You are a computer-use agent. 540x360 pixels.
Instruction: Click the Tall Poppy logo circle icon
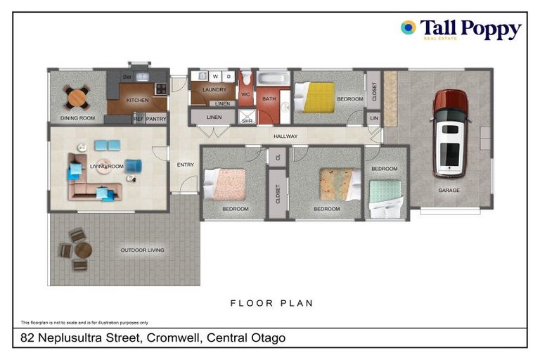[x=409, y=27]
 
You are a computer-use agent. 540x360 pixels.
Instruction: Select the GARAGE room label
[x=449, y=191]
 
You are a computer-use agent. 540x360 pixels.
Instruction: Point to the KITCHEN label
[x=137, y=101]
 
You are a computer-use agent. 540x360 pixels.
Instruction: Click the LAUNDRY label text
[x=214, y=90]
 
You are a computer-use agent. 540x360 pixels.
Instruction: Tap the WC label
[x=245, y=94]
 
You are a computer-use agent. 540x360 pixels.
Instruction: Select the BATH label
[x=269, y=99]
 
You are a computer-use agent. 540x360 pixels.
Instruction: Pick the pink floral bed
[x=226, y=185]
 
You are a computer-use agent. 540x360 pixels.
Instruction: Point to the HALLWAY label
[x=285, y=136]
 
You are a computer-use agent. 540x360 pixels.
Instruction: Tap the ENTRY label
[x=186, y=165]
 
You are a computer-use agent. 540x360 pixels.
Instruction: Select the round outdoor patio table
[x=83, y=250]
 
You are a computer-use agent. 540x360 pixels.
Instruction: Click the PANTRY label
[x=156, y=119]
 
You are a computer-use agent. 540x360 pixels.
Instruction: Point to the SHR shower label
[x=247, y=120]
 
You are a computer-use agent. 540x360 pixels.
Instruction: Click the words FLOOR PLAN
[x=271, y=303]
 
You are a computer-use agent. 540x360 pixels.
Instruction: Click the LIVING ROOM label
[x=107, y=166]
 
